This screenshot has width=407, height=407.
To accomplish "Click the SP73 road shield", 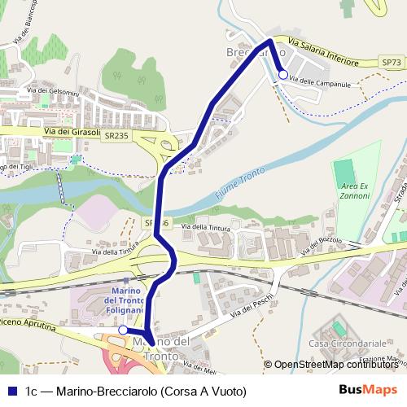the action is pos(392,62).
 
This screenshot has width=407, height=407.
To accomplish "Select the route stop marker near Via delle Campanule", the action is pos(282,75).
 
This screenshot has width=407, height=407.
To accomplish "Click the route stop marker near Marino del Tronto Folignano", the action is pos(122,330).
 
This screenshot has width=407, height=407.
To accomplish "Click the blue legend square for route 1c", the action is pos(12,390).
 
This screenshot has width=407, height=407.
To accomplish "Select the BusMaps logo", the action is pos(367,390).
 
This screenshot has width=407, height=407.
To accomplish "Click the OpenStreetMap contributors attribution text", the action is pos(337,365).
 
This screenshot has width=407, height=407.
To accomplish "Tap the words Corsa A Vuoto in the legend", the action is pos(205,390).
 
